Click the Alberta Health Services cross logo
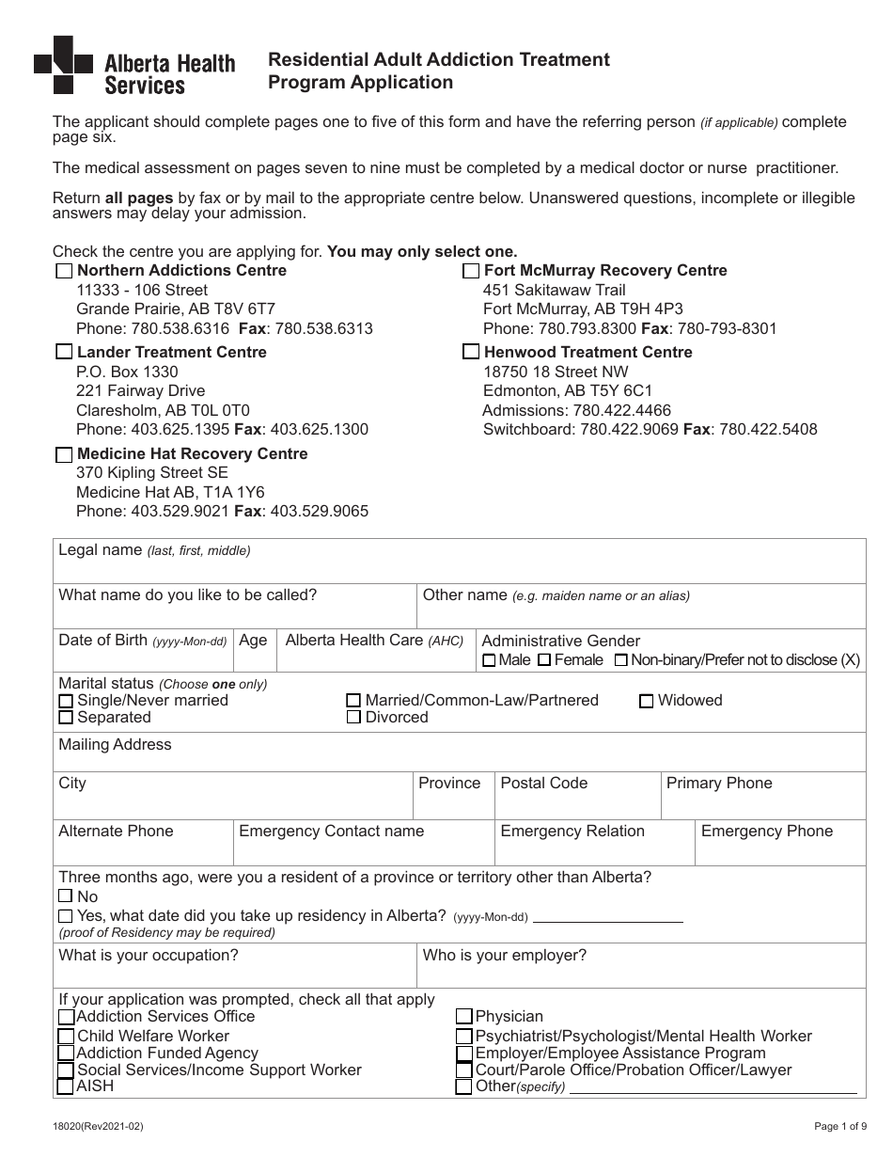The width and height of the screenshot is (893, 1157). point(63,65)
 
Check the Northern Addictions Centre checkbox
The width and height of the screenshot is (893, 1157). point(64,271)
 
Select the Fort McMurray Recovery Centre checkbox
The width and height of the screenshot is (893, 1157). point(471,271)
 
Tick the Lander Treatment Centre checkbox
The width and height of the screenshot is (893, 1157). point(64,353)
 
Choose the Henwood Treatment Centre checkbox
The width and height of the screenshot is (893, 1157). point(471,353)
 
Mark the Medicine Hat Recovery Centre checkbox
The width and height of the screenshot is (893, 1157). point(64,454)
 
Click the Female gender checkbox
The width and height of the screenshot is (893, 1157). point(544,660)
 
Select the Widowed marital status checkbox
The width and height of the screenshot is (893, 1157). point(647,701)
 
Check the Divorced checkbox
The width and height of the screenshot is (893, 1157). point(353,718)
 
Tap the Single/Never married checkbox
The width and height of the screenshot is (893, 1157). point(66,701)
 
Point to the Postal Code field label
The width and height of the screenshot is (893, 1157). point(543,783)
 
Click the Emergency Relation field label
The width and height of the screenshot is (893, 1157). point(572,831)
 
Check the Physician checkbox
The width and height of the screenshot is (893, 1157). point(464,1016)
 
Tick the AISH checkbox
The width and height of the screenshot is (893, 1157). point(66,1086)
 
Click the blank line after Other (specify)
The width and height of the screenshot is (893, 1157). point(713,1089)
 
